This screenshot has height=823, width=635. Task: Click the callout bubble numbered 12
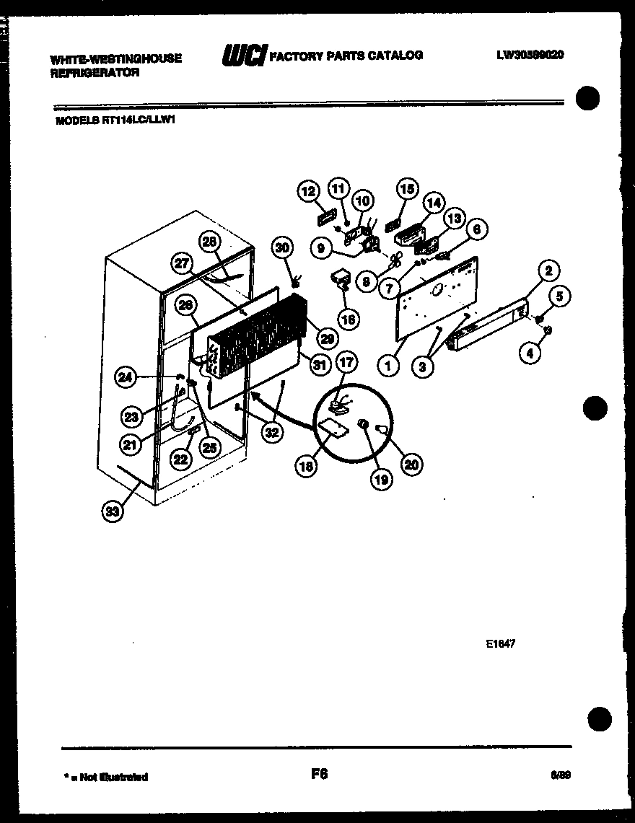tap(308, 191)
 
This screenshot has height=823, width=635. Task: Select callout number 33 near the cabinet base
tap(113, 511)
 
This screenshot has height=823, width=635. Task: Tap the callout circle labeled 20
tap(411, 465)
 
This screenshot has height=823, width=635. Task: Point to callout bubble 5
tap(561, 296)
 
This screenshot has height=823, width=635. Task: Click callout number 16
tap(349, 318)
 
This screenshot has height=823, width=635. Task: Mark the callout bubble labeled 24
tap(126, 376)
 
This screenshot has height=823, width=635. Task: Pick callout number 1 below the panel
tap(388, 366)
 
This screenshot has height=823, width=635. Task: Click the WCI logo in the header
tap(244, 56)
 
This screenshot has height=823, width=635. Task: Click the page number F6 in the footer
tap(319, 774)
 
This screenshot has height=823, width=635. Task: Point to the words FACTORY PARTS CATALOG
tap(346, 56)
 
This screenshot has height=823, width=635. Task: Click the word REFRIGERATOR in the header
tap(95, 73)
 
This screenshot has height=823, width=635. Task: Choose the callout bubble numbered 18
tap(306, 467)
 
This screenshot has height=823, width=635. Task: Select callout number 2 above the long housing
tap(548, 271)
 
